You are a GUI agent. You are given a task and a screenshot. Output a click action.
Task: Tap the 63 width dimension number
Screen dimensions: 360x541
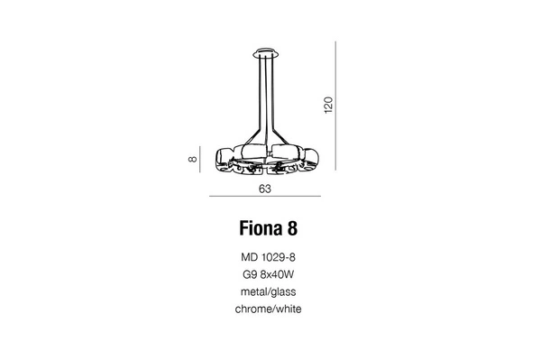pos(265,190)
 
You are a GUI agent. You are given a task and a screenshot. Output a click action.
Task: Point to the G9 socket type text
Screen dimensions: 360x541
pos(250,274)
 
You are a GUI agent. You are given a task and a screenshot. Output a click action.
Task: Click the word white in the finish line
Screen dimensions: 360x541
pos(288,309)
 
